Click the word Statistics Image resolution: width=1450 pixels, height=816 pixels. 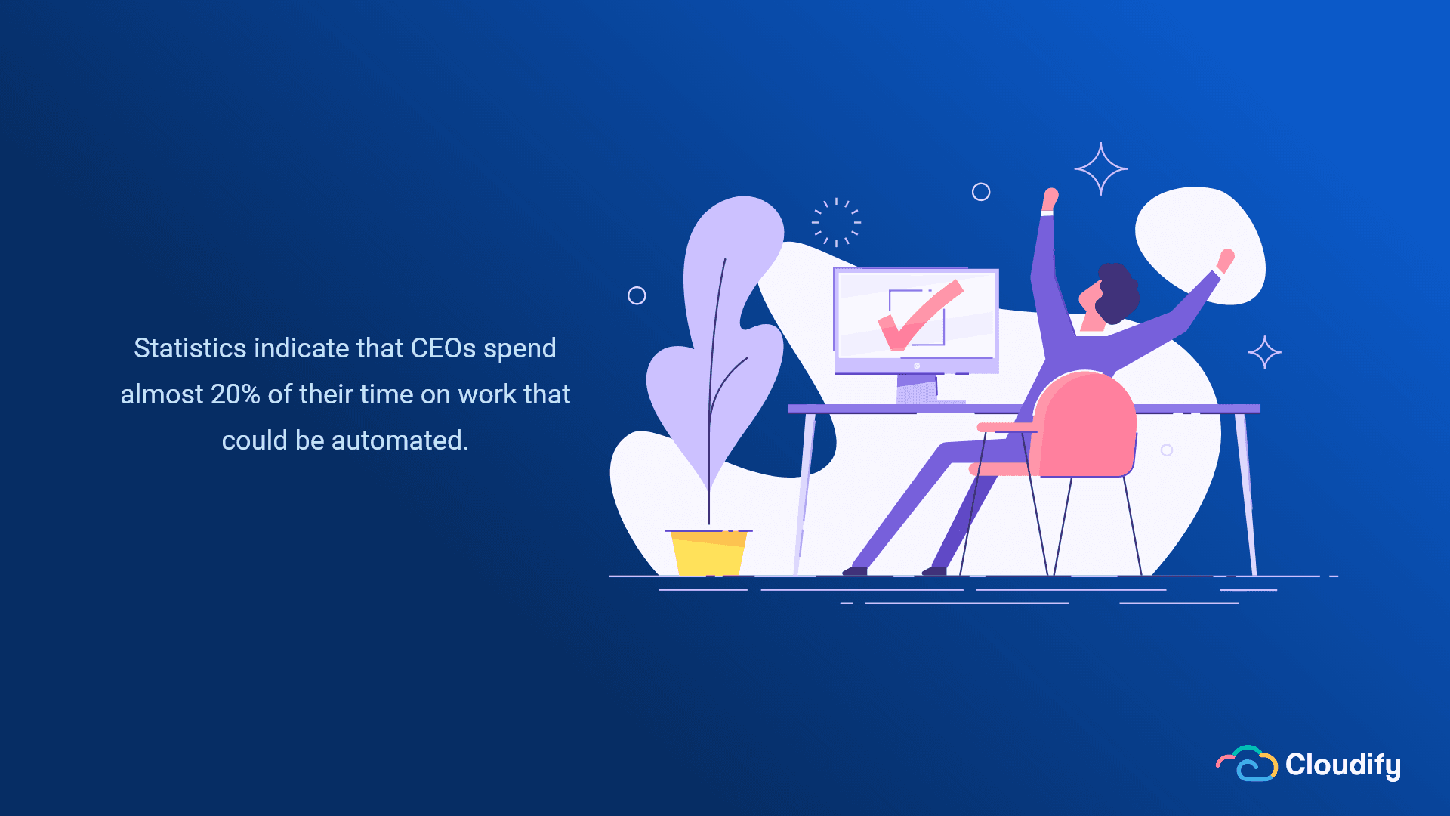[190, 348]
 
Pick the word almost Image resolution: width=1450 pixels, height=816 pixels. [162, 394]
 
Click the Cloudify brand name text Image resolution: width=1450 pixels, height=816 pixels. [1343, 765]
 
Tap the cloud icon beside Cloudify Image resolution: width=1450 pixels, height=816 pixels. [1247, 763]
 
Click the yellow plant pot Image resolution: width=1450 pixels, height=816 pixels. [708, 552]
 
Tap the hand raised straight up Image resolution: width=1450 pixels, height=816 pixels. [1050, 199]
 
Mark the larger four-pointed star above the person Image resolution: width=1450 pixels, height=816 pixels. [1101, 169]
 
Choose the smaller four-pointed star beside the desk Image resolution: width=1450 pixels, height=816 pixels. [1265, 352]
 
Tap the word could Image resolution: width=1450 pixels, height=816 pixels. [255, 440]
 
